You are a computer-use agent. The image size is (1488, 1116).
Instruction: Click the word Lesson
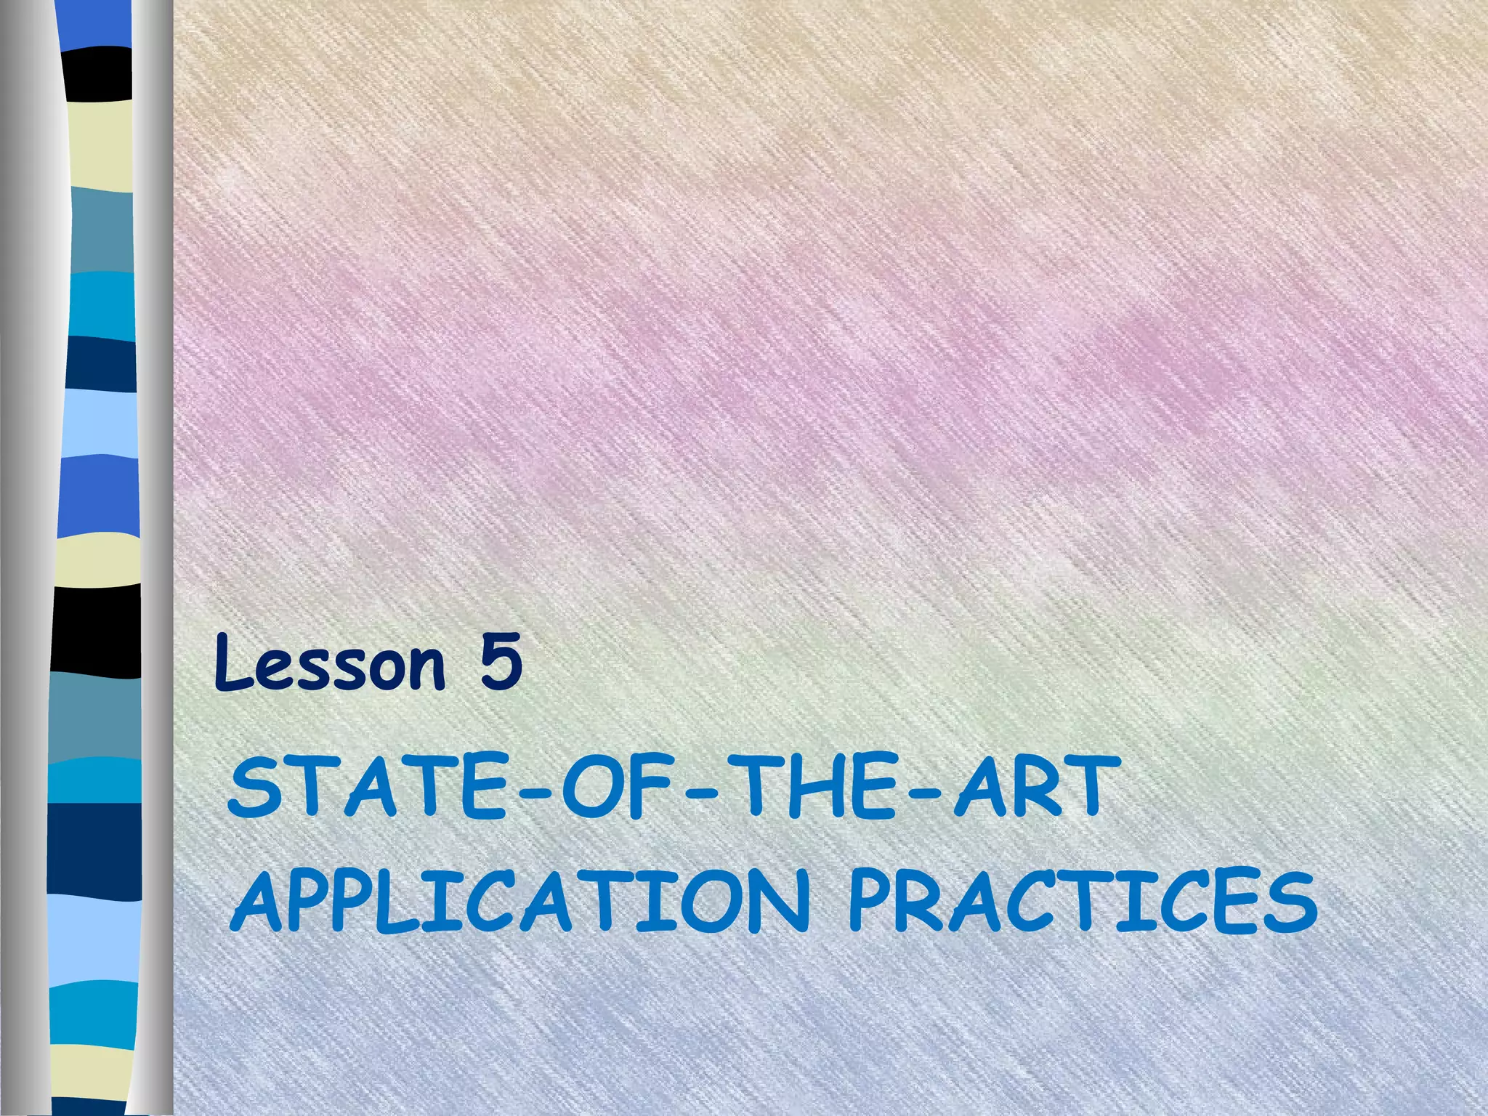[329, 663]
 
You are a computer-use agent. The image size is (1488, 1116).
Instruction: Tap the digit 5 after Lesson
[500, 663]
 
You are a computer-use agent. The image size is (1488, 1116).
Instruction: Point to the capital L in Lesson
[231, 663]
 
